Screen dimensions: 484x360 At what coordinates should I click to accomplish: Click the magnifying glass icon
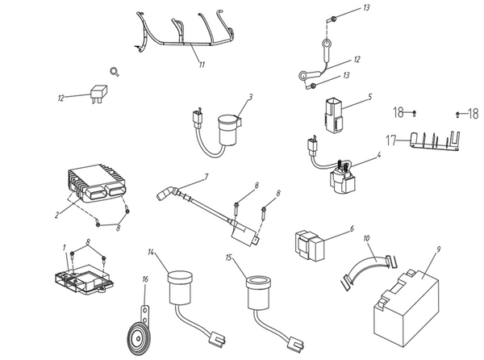point(115,72)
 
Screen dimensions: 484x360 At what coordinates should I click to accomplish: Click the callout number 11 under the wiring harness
point(202,65)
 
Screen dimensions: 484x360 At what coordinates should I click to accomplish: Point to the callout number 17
point(391,140)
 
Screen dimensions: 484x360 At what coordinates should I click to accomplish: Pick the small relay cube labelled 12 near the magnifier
point(98,92)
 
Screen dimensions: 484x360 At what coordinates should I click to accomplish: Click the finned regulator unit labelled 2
point(96,183)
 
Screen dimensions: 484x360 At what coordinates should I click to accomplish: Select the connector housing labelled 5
point(334,115)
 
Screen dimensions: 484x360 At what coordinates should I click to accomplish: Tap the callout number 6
point(352,228)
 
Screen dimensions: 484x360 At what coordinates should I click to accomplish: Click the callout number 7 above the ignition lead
point(207,177)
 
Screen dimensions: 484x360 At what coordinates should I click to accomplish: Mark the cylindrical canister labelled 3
point(229,130)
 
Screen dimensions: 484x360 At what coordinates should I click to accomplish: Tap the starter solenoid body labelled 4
point(343,180)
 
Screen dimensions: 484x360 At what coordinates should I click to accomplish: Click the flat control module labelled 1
point(83,278)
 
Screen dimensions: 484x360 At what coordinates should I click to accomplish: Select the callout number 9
point(439,241)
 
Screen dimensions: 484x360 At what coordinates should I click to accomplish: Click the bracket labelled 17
point(435,142)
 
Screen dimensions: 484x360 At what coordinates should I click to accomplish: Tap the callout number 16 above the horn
point(145,279)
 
